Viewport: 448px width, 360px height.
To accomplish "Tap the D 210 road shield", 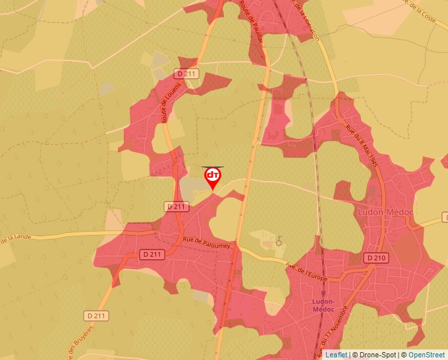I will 376,258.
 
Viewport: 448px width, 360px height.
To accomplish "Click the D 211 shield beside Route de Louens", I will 186,74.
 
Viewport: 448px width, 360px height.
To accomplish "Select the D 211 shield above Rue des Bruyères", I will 96,316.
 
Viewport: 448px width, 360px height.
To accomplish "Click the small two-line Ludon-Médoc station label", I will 323,305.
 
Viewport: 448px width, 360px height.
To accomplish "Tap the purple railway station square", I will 323,294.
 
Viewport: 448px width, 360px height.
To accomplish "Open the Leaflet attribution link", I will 336,355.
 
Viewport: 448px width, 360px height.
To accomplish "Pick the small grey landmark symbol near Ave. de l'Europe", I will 279,242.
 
